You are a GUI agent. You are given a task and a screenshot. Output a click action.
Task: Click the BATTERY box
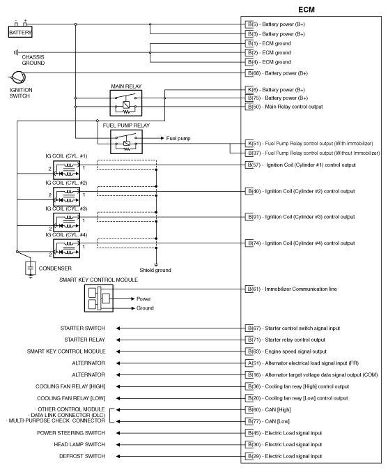tap(20, 32)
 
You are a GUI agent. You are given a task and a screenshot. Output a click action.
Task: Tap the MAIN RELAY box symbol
tap(125, 103)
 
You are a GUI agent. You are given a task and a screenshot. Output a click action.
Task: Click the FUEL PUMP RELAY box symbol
tap(125, 142)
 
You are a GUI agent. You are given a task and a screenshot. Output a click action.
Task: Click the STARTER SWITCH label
tap(83, 327)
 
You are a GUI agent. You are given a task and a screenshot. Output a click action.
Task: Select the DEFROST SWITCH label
tap(82, 455)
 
